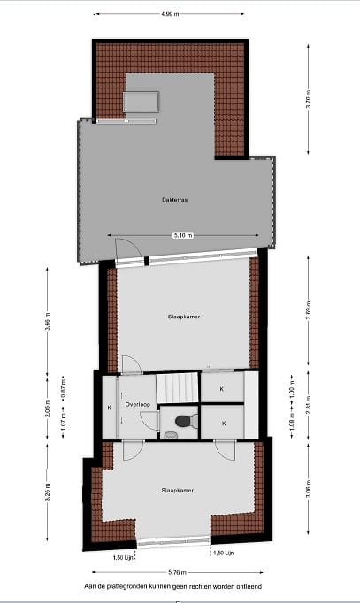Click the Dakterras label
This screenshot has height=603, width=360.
click(174, 200)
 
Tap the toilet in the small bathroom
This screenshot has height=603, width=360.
click(183, 423)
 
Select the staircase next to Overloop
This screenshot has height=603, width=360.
click(176, 387)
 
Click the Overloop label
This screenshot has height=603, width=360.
click(137, 405)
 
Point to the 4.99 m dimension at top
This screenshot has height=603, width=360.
click(173, 14)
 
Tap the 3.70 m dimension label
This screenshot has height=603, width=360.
click(309, 101)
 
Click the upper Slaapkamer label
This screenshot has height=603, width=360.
click(182, 316)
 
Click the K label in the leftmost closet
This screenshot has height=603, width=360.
click(109, 408)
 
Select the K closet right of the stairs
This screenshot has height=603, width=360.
click(222, 388)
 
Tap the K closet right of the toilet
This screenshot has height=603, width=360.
click(223, 424)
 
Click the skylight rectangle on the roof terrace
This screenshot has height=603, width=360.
click(141, 103)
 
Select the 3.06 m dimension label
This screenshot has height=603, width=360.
click(309, 492)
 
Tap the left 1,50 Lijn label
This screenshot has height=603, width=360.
click(124, 558)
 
